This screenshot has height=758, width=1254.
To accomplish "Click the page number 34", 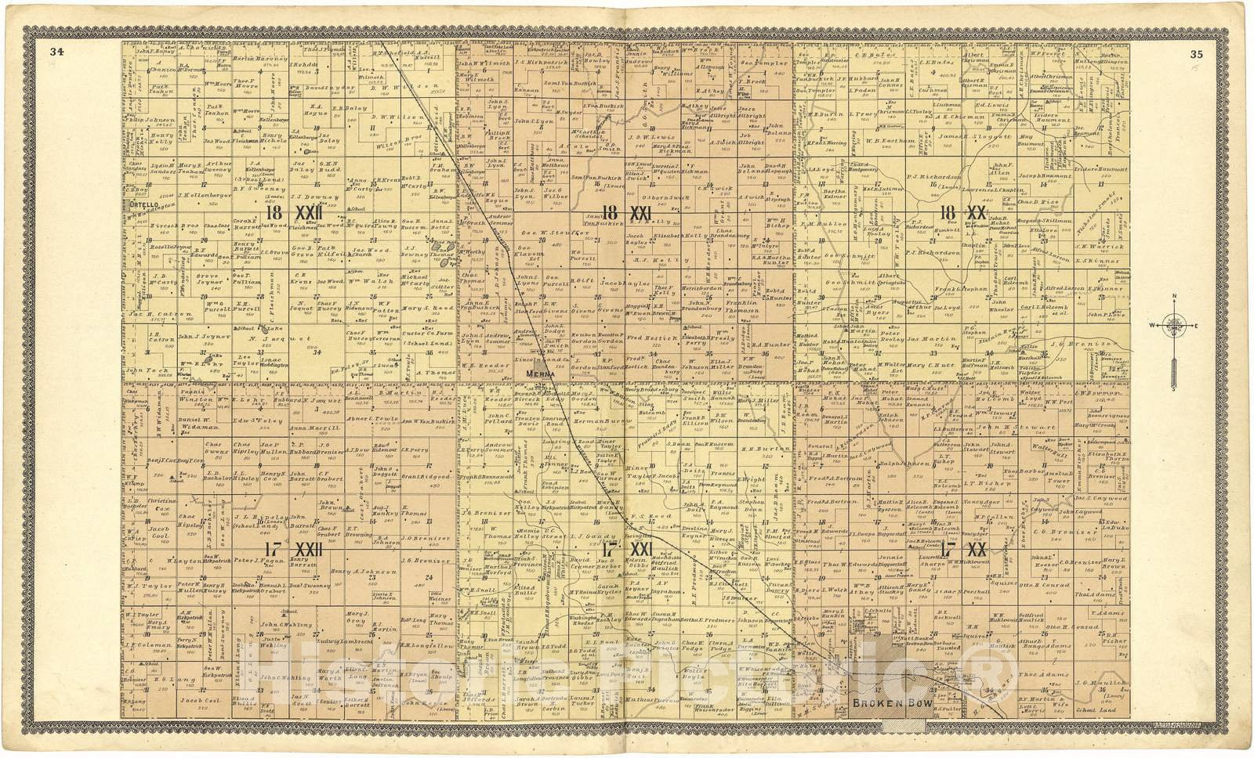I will tap(56, 53).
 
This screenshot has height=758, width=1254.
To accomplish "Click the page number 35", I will tap(1196, 54).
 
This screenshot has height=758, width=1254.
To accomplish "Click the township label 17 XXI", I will tap(626, 549).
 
